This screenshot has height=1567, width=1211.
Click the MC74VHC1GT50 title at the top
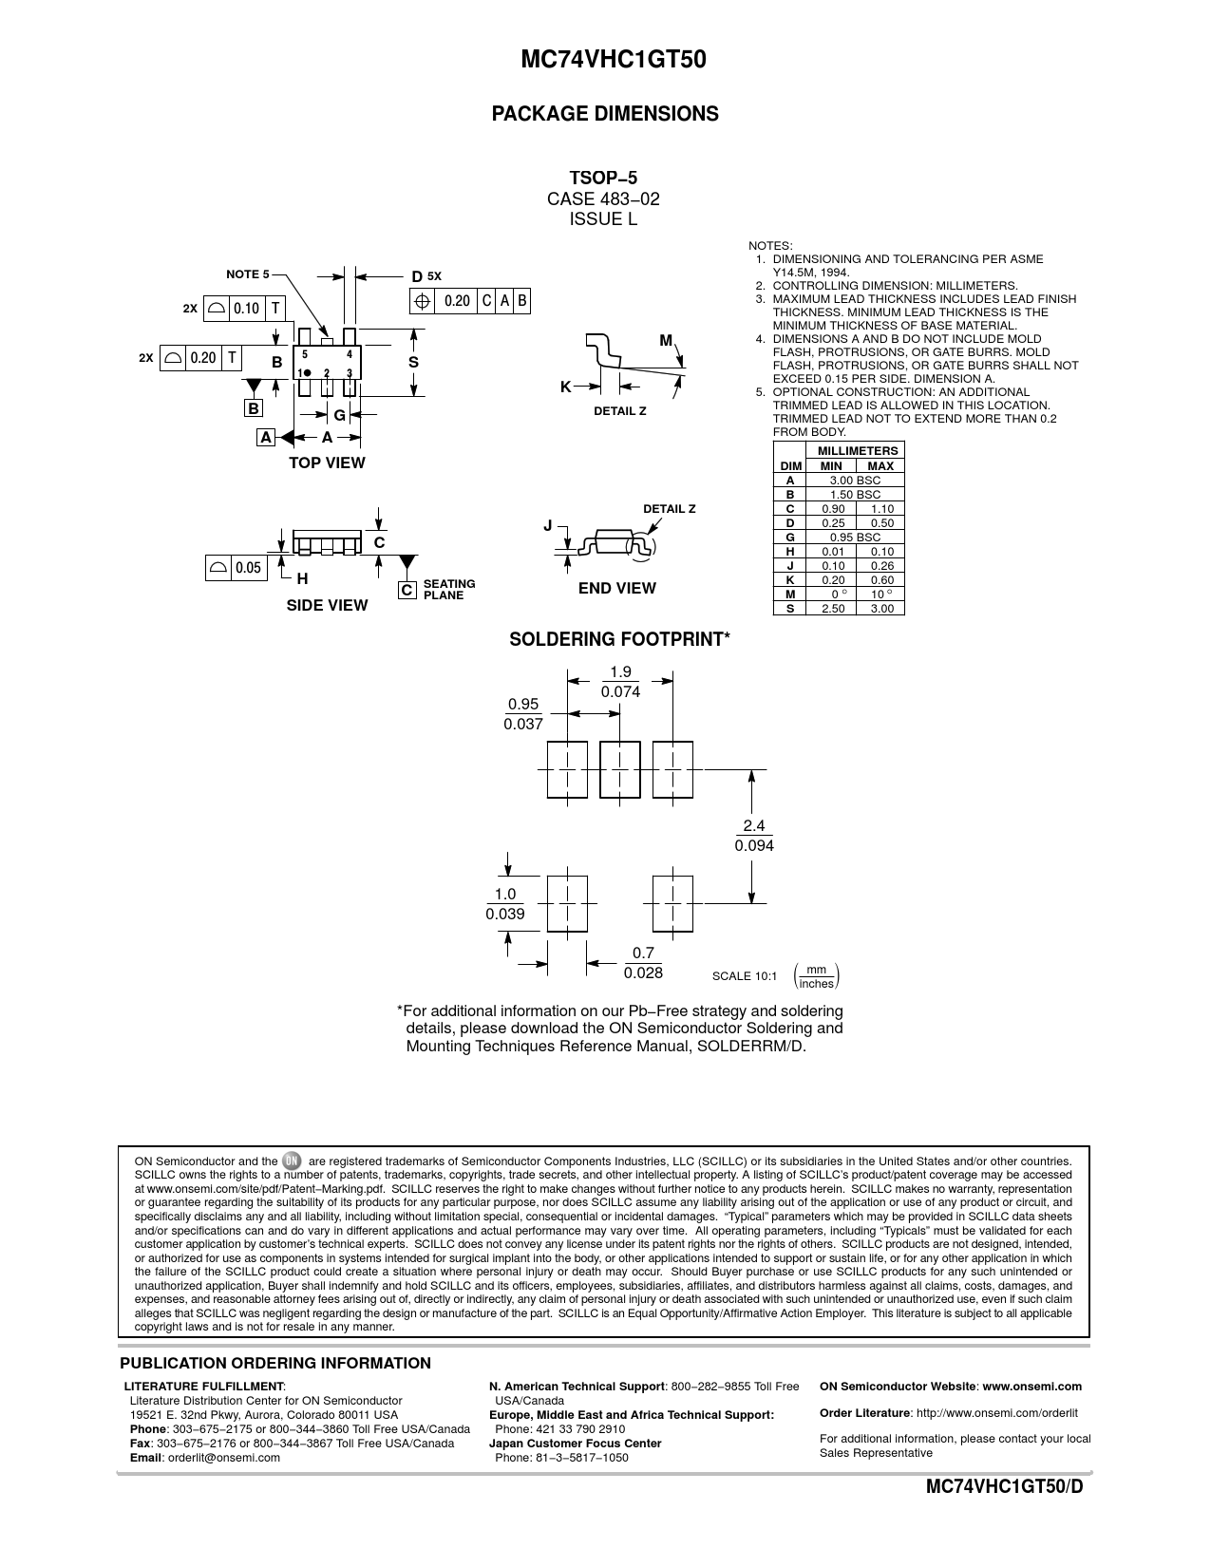tap(613, 59)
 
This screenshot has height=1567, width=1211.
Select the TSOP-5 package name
tap(604, 179)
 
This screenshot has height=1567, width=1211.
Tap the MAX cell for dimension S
tap(881, 609)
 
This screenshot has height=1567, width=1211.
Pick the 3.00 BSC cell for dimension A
tap(855, 481)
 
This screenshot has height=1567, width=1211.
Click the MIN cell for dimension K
tap(833, 579)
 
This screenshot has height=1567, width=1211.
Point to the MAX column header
tap(880, 466)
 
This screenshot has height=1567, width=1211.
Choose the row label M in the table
tap(790, 595)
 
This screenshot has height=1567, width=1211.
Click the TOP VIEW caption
tap(327, 463)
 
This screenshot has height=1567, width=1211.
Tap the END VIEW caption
tap(616, 589)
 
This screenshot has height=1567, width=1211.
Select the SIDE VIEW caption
tap(327, 606)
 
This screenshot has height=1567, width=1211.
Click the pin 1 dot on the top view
tap(307, 373)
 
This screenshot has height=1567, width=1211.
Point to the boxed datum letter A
tap(265, 437)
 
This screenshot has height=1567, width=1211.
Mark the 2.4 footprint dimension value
tap(754, 826)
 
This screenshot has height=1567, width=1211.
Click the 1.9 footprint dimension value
tap(620, 672)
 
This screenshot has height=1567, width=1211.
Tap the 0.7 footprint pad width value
tap(643, 953)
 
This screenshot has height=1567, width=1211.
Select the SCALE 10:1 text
tap(745, 976)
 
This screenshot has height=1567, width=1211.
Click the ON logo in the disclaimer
tap(292, 1161)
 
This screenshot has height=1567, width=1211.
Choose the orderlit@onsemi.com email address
tap(223, 1458)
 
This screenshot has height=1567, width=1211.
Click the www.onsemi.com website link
tap(1032, 1387)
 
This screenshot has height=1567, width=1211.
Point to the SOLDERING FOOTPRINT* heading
tap(619, 640)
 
